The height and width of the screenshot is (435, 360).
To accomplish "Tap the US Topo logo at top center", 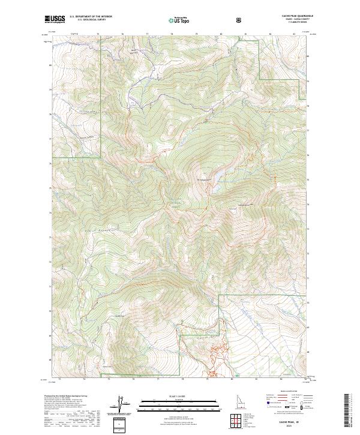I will (180, 20).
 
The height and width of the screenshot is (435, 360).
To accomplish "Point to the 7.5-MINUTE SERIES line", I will (304, 23).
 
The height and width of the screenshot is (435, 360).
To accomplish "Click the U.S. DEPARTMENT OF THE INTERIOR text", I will (91, 17).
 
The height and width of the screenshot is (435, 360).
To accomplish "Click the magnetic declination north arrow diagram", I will (119, 405).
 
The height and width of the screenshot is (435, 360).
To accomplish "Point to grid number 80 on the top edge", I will (221, 35).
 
